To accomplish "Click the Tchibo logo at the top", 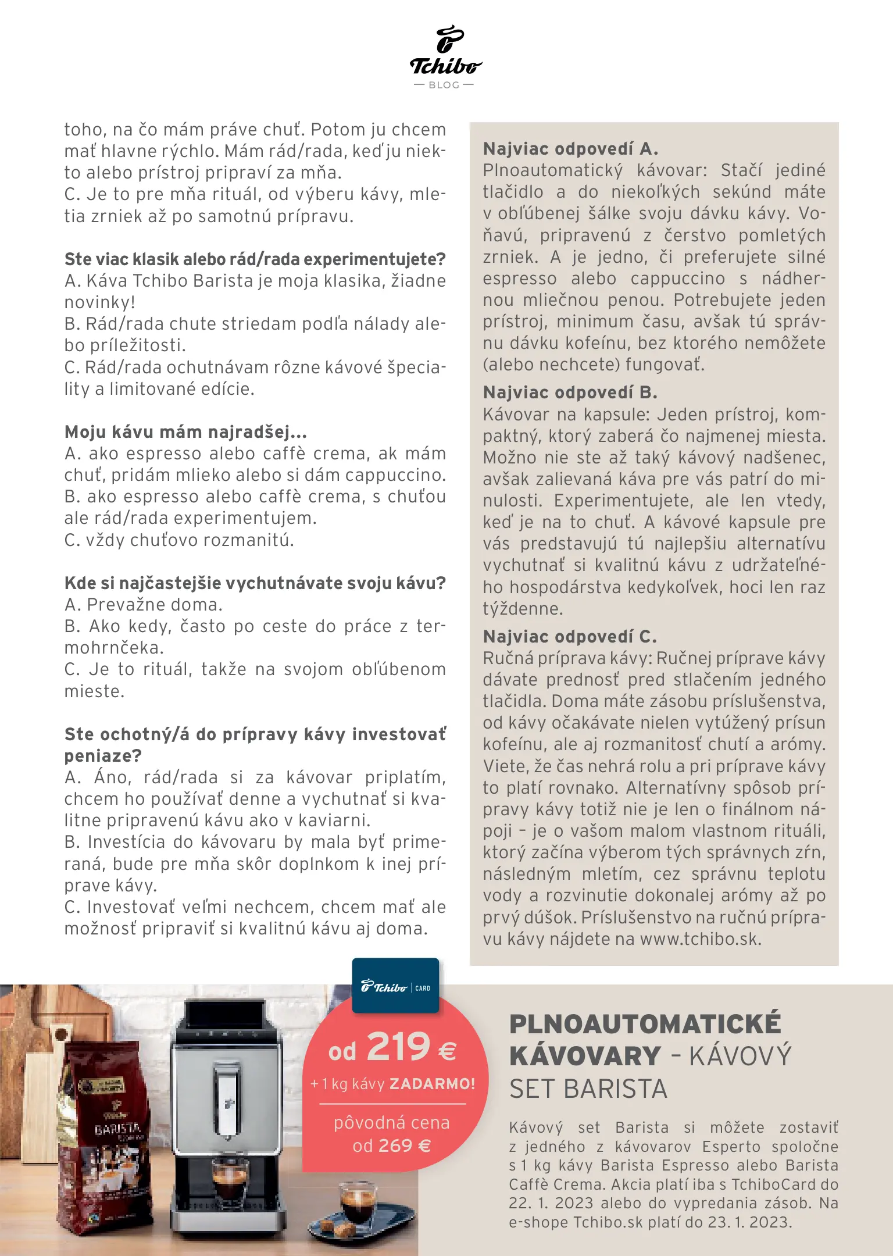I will (446, 51).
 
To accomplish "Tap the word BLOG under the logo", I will (444, 85).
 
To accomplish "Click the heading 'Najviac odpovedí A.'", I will (570, 149).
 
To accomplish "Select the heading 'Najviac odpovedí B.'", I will (570, 392).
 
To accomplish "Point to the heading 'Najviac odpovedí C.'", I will (570, 637).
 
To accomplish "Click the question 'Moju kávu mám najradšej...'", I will (185, 432).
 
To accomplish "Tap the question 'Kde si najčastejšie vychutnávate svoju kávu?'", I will (255, 583).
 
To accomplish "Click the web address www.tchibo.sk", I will (700, 939).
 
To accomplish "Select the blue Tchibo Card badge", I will (395, 987).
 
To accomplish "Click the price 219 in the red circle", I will (399, 1048).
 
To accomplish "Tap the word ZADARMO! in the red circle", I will (432, 1084).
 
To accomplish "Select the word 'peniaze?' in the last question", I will (103, 756).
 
